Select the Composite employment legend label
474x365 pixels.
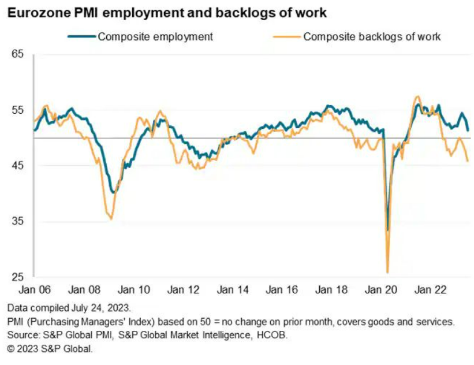pyautogui.click(x=155, y=37)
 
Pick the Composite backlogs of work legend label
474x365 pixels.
pyautogui.click(x=372, y=37)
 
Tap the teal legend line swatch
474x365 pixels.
pyautogui.click(x=81, y=37)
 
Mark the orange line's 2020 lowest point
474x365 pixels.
pyautogui.click(x=387, y=272)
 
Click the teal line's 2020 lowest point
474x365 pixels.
pyautogui.click(x=387, y=230)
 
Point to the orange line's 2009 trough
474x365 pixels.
pyautogui.click(x=111, y=219)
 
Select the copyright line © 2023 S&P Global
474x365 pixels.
pyautogui.click(x=50, y=349)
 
